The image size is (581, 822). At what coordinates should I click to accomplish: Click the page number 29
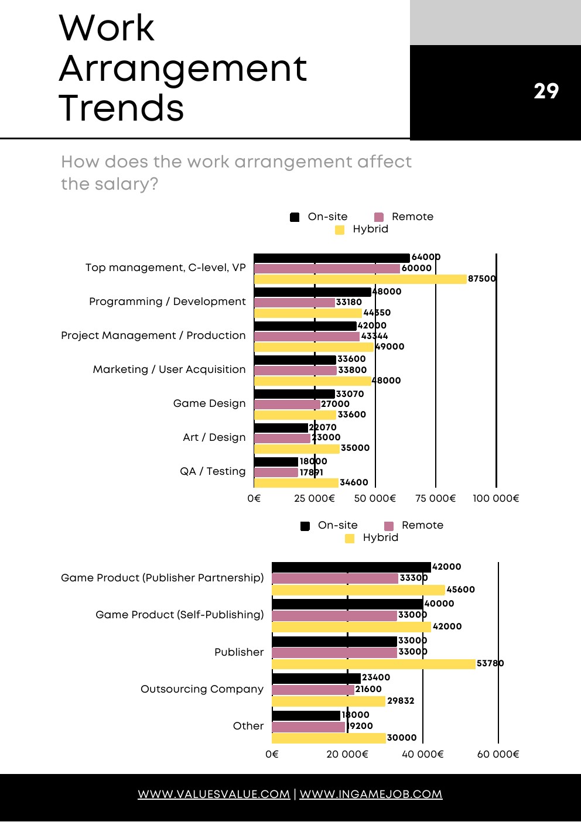[x=546, y=91]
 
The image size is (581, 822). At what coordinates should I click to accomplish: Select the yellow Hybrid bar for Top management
[x=360, y=279]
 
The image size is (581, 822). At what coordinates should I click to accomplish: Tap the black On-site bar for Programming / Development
[x=312, y=292]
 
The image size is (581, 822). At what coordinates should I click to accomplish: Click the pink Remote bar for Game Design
[x=287, y=404]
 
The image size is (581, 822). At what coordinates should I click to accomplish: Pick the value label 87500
[x=482, y=279]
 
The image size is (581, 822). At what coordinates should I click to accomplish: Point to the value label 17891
[x=311, y=472]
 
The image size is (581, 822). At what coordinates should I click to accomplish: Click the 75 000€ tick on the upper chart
[x=435, y=498]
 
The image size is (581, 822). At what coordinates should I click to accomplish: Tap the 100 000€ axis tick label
[x=495, y=498]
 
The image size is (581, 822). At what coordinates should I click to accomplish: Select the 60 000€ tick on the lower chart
[x=498, y=754]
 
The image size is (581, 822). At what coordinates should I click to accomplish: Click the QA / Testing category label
[x=213, y=471]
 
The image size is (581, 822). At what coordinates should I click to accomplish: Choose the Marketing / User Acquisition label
[x=169, y=369]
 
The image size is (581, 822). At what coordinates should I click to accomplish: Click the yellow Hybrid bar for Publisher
[x=374, y=664]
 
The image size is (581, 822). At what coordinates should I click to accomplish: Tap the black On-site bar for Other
[x=306, y=715]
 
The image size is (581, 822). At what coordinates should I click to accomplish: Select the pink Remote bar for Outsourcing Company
[x=313, y=690]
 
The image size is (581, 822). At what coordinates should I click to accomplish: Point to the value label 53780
[x=490, y=663]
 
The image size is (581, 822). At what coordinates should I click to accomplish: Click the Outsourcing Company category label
[x=202, y=689]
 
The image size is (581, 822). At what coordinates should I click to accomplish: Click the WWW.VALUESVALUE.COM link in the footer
[x=214, y=794]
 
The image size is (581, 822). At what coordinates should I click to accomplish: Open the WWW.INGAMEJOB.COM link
[x=371, y=794]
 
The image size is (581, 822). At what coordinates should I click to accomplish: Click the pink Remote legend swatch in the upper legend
[x=379, y=217]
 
